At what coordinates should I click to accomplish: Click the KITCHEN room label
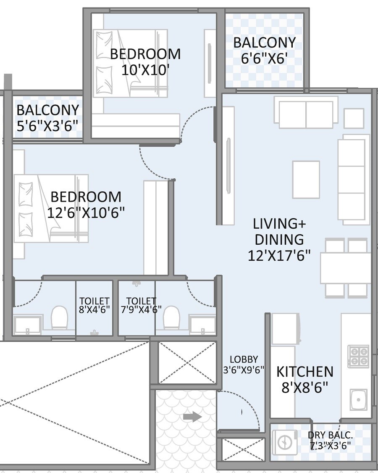click(x=304, y=372)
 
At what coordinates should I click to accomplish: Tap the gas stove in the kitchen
click(x=358, y=356)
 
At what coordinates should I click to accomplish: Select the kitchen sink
click(x=358, y=400)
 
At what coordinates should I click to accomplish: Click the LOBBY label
click(x=244, y=359)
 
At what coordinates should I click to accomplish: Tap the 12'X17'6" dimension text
click(x=279, y=256)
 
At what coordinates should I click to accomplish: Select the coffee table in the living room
click(x=306, y=180)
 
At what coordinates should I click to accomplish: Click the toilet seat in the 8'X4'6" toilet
click(x=59, y=317)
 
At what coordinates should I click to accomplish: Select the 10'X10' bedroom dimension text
click(x=145, y=69)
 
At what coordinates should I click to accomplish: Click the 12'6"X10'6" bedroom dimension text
click(x=86, y=213)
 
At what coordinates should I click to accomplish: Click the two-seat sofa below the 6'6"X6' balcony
click(x=306, y=112)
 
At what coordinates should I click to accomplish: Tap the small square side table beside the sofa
click(x=354, y=118)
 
